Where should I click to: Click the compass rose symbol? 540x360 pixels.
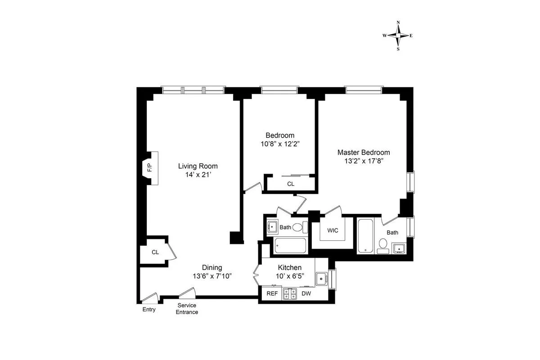398,36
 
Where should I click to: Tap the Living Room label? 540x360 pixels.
198,166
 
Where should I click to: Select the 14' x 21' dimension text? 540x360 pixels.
198,175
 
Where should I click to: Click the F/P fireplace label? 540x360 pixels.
149,169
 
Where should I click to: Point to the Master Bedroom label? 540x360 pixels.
364,152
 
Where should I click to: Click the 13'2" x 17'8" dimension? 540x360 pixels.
364,161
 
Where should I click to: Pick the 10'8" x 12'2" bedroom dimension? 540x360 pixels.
280,144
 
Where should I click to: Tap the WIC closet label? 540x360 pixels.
333,230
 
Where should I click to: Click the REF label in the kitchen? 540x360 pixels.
272,293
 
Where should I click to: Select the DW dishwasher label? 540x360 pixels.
306,293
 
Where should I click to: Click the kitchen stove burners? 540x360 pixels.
289,294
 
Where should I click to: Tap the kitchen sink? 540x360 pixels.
321,279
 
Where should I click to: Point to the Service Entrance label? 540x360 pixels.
187,309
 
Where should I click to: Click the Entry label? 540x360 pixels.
149,310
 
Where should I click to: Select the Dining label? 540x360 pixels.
211,267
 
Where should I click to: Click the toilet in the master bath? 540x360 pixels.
383,244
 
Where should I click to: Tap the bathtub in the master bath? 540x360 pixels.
365,235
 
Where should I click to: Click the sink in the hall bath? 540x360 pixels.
272,226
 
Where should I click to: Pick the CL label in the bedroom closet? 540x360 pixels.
291,184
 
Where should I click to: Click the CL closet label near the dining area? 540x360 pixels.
155,252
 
